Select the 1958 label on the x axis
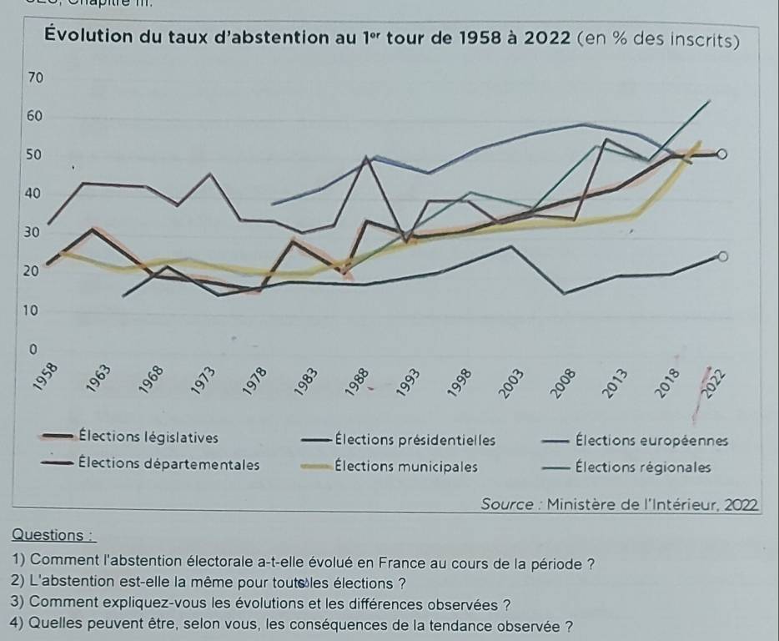[x=48, y=376]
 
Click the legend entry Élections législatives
[x=148, y=438]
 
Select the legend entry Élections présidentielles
[x=414, y=440]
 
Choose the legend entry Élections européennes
[x=651, y=440]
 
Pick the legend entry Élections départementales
[x=167, y=465]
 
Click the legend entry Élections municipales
[x=405, y=466]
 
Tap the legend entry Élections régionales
[x=642, y=467]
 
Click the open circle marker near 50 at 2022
[x=722, y=154]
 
